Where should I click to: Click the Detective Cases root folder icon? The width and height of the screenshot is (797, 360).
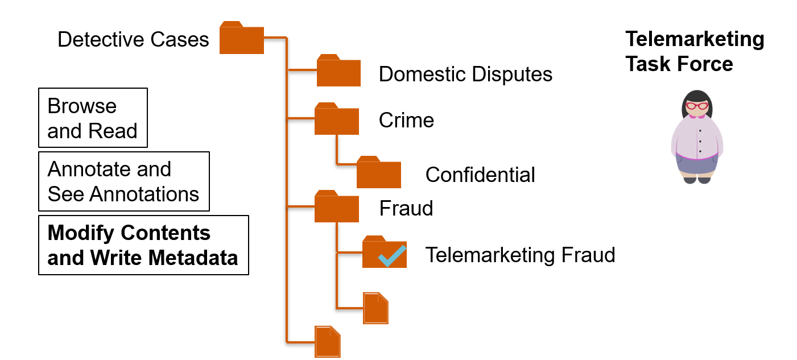click(x=241, y=39)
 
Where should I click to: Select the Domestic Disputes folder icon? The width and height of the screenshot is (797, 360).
click(x=338, y=72)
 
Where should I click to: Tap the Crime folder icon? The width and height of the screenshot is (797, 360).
click(x=336, y=119)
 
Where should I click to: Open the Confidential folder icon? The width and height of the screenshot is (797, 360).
click(x=378, y=173)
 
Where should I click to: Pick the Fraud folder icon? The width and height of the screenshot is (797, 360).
click(x=336, y=207)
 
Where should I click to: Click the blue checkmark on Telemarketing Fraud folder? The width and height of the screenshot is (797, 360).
click(x=392, y=256)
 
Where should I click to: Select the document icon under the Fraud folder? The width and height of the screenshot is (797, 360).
click(x=375, y=308)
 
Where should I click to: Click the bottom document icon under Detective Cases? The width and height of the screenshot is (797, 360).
click(x=328, y=341)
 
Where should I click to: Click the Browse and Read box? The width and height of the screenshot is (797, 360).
click(x=93, y=118)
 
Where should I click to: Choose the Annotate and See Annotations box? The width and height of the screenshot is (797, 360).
click(x=123, y=181)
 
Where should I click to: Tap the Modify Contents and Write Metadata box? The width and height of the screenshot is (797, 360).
click(x=143, y=245)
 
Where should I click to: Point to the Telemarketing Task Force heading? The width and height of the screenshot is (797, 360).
click(x=695, y=51)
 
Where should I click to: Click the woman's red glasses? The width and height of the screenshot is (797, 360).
click(x=697, y=106)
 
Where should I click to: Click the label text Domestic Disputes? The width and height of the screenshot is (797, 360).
click(x=465, y=74)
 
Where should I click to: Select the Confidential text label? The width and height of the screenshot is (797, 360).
click(x=480, y=175)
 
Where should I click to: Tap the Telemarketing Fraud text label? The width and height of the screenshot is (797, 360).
click(x=520, y=255)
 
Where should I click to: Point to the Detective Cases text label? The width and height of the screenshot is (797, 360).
click(x=133, y=39)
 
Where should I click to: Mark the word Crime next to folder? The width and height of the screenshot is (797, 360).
click(x=406, y=120)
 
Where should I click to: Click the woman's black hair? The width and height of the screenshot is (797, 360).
click(x=697, y=96)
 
